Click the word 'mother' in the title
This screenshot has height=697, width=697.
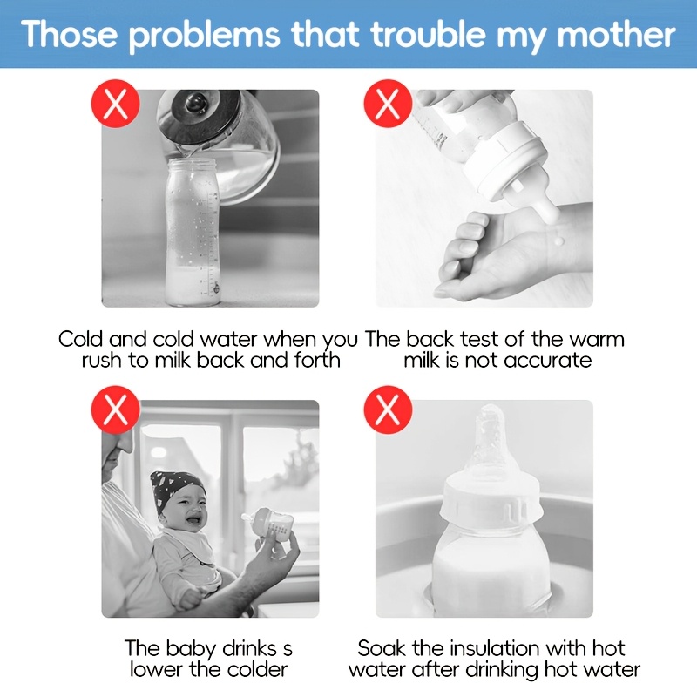click(x=616, y=35)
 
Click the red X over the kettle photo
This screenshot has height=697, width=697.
click(x=115, y=104)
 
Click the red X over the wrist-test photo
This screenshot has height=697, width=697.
click(x=388, y=104)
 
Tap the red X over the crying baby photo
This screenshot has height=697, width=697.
click(x=115, y=409)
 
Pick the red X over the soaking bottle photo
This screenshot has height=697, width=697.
click(x=388, y=409)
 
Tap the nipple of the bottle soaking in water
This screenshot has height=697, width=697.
click(x=488, y=444)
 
